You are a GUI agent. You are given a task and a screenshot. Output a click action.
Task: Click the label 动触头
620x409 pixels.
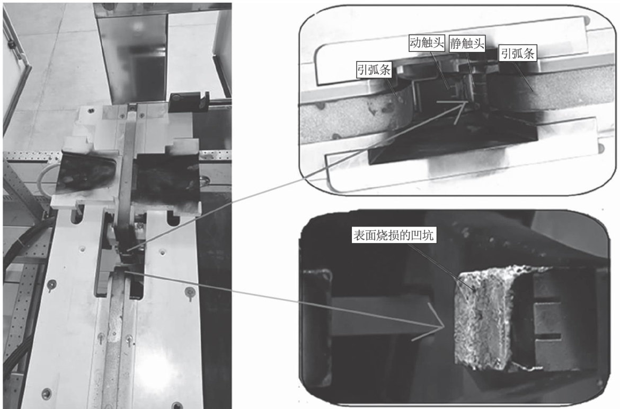tap(427, 42)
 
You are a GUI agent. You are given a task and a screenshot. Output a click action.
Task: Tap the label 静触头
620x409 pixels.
tap(467, 43)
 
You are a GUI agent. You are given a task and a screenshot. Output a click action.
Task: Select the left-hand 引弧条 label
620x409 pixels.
tap(374, 69)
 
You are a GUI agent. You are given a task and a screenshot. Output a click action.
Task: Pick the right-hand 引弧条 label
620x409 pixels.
tap(518, 53)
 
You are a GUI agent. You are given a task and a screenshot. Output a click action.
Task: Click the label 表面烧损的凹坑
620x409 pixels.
tap(394, 235)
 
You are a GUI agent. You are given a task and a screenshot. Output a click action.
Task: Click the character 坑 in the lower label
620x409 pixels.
tap(428, 235)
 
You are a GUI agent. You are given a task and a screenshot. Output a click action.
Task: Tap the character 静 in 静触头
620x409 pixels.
tap(456, 43)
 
